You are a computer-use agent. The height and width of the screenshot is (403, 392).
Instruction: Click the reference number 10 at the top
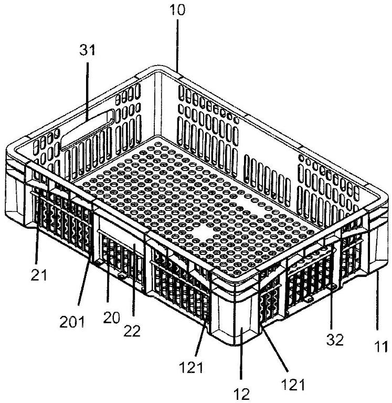(x=177, y=10)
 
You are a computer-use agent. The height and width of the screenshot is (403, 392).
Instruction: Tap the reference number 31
(x=88, y=50)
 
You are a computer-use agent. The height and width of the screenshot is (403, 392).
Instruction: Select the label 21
(x=39, y=275)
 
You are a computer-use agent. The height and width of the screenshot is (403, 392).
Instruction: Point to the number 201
(x=72, y=322)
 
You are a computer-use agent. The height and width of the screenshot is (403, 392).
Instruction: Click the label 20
(x=112, y=318)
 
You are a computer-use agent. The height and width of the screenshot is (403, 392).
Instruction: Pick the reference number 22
(x=132, y=331)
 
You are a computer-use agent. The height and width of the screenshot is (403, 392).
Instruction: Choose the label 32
(x=335, y=340)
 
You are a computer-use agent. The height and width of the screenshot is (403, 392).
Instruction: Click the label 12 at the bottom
(x=242, y=394)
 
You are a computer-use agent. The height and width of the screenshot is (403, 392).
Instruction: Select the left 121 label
(x=191, y=367)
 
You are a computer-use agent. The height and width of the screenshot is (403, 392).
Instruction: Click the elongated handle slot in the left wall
(x=87, y=130)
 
